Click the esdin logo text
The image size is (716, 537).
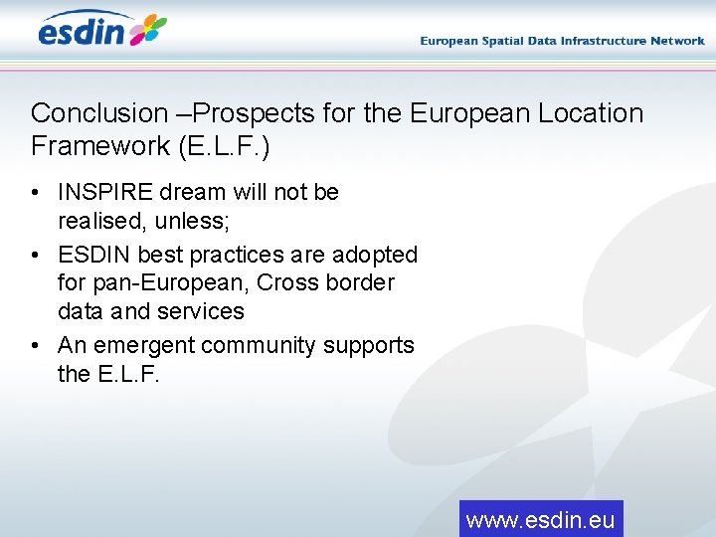pyautogui.click(x=82, y=31)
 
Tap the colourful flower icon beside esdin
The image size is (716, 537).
pyautogui.click(x=148, y=30)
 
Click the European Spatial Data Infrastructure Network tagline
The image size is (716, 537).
pyautogui.click(x=562, y=41)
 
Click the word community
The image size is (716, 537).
pyautogui.click(x=270, y=345)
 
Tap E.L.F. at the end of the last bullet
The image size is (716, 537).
pyautogui.click(x=128, y=374)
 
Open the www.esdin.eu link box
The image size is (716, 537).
pyautogui.click(x=541, y=519)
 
